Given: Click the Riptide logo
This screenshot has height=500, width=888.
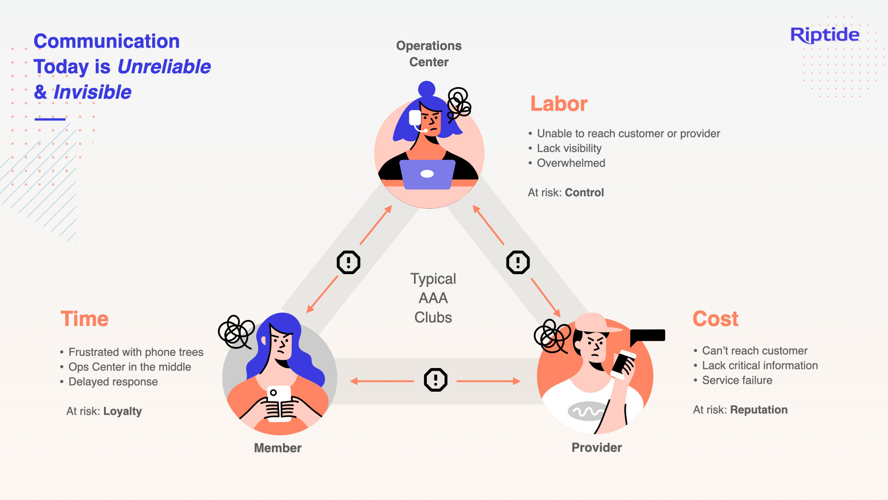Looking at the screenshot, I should point(825,35).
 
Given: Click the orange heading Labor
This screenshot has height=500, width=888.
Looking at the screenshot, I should point(559,104).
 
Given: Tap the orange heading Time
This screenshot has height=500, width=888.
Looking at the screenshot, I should point(85,319).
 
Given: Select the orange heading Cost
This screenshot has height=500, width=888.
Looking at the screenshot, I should point(715,319).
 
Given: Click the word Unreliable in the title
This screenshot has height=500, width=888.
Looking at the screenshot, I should point(164,67).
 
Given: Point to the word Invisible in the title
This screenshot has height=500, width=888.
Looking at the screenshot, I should point(92,92).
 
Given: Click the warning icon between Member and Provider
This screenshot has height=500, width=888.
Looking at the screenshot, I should point(436,380).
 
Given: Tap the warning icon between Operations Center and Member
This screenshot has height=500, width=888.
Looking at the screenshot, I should point(348,262).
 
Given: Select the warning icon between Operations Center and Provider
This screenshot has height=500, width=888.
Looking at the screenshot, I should point(518,262).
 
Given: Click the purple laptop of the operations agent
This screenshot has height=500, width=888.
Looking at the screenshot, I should point(427,175).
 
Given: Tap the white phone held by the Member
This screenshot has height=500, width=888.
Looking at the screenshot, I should point(279,403).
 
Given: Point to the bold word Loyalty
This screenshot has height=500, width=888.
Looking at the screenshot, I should point(123,411).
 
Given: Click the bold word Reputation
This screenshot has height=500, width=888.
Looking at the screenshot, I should point(759,410).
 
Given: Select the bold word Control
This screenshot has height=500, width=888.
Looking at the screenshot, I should point(585,193).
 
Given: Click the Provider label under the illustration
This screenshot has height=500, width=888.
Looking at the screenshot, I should point(597,448).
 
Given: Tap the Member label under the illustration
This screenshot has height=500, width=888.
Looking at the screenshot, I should point(277,448).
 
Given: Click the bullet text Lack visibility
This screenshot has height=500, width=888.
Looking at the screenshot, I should point(569,148).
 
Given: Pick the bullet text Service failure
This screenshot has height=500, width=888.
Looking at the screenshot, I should point(737,380).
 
